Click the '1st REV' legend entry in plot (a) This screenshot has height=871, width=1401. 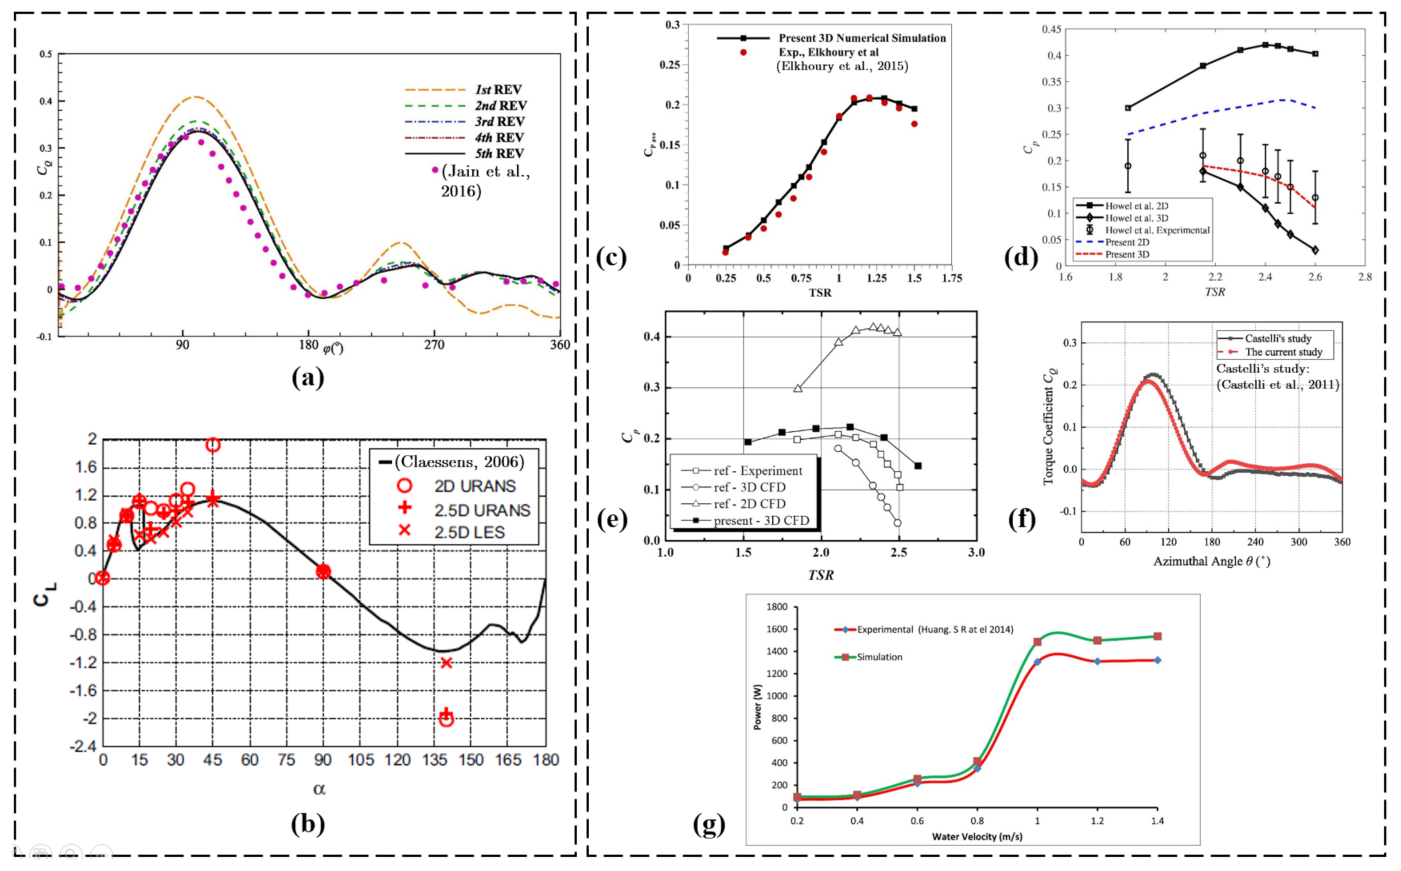click(498, 90)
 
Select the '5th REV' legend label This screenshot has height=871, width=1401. click(499, 153)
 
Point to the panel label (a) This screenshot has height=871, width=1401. click(308, 378)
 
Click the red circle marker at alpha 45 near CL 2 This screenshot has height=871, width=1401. click(213, 445)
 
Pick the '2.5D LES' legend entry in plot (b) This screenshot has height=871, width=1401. click(469, 532)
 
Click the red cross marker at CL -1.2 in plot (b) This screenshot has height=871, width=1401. click(446, 663)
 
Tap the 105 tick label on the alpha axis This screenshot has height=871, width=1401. click(361, 760)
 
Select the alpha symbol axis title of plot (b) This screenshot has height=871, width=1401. click(319, 789)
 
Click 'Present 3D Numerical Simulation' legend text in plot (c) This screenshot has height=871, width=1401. click(862, 38)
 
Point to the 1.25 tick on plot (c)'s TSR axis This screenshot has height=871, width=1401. click(877, 278)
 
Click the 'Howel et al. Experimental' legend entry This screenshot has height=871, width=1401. click(1157, 230)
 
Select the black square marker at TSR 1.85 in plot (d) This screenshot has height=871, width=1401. click(1127, 108)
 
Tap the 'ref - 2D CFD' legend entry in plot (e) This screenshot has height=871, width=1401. click(749, 504)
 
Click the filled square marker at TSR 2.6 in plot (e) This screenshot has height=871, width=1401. click(917, 466)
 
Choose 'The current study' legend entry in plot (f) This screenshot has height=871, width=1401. click(1283, 352)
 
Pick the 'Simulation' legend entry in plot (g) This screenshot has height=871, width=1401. click(879, 657)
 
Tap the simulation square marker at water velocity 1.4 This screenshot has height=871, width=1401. click(1158, 636)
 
